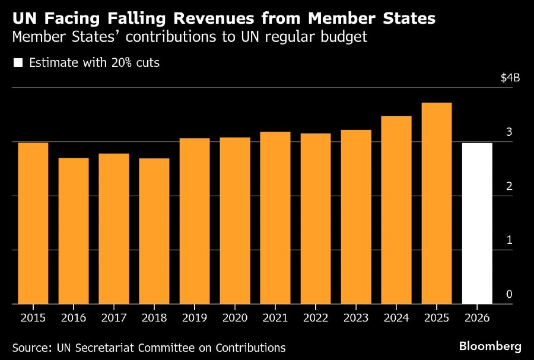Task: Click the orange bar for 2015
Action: pos(33,223)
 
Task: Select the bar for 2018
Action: pos(154,231)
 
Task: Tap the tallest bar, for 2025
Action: pos(437,203)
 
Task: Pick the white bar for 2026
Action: pos(477,223)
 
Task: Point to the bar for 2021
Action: pos(275,218)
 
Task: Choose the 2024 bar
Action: pos(396,210)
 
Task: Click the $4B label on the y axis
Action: pos(510,78)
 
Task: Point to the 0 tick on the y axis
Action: pos(509,295)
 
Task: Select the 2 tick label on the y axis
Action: pos(509,186)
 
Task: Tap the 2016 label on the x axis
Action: pos(74,318)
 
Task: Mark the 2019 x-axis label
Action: pos(195,318)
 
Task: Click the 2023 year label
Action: pos(356,318)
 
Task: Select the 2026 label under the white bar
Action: pos(477,318)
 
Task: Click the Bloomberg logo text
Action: pos(490,346)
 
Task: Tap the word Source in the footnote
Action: pos(30,348)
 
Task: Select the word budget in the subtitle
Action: pos(345,37)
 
